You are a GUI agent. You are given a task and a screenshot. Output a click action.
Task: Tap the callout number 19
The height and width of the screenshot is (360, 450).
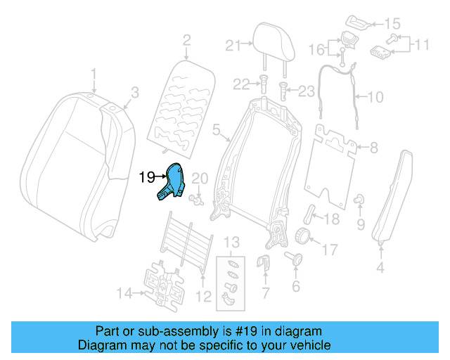146,177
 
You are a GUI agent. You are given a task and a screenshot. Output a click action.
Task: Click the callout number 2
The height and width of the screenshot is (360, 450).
186,40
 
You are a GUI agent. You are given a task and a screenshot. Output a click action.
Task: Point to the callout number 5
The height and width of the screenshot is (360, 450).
217,129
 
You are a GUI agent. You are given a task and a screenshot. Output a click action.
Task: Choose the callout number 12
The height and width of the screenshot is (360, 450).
203,297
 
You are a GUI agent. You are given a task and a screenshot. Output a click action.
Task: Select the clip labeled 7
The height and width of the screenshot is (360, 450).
264,265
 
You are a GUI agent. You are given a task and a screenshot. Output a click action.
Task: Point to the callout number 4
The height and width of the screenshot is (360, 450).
380,267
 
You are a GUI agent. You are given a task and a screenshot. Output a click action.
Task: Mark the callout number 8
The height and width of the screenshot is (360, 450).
374,148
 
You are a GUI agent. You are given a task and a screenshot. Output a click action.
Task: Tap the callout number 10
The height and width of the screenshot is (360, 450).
376,96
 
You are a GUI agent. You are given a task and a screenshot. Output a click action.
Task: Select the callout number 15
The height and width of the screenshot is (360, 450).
392,23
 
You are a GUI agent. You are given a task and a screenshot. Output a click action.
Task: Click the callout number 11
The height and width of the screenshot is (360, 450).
421,45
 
